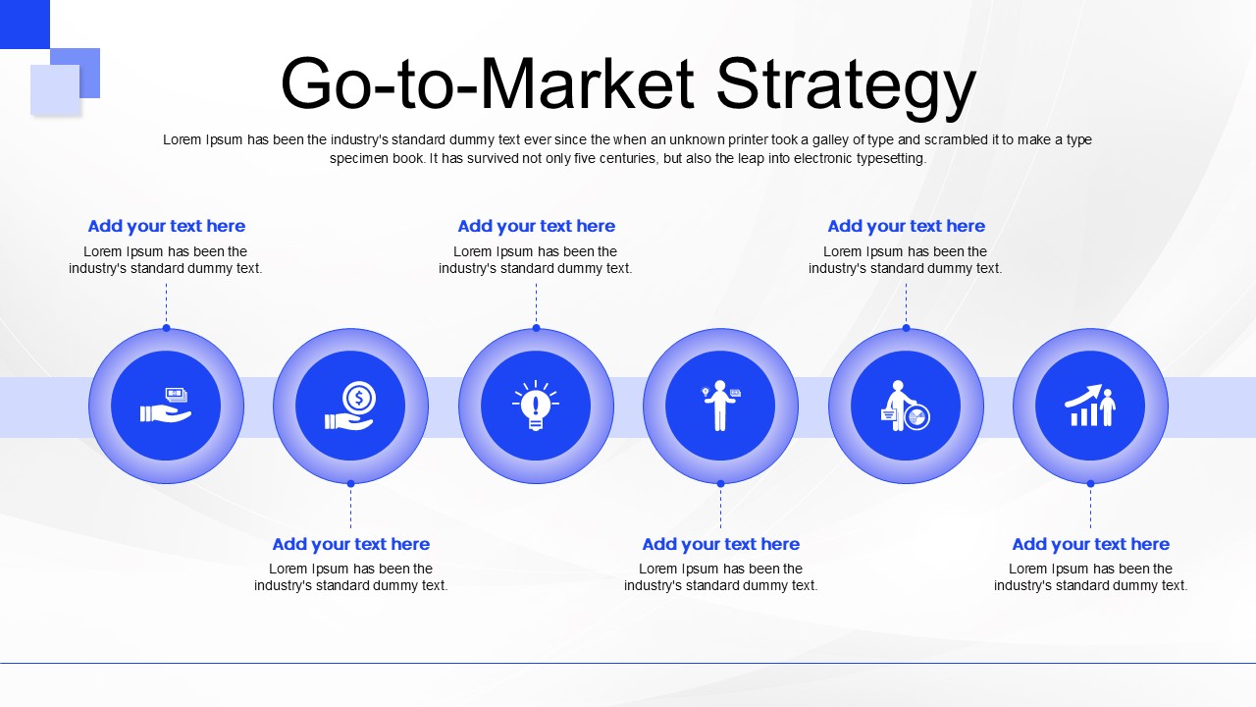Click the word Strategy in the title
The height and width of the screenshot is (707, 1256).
click(845, 85)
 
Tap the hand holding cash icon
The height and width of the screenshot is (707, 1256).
click(166, 406)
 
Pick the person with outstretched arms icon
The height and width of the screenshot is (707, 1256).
click(720, 406)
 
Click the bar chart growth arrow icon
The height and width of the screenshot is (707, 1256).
click(1090, 406)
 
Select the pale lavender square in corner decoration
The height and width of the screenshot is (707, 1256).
click(53, 90)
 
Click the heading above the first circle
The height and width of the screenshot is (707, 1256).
click(166, 226)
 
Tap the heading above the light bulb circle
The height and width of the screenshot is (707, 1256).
click(536, 226)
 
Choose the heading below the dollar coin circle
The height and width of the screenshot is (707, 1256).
click(350, 544)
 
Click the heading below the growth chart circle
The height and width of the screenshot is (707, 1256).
click(1090, 544)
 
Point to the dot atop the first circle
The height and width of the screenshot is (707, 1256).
click(166, 328)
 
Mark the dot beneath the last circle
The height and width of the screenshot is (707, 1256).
click(1090, 483)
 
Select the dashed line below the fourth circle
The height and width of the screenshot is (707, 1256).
click(720, 508)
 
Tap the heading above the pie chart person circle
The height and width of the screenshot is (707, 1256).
click(906, 226)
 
